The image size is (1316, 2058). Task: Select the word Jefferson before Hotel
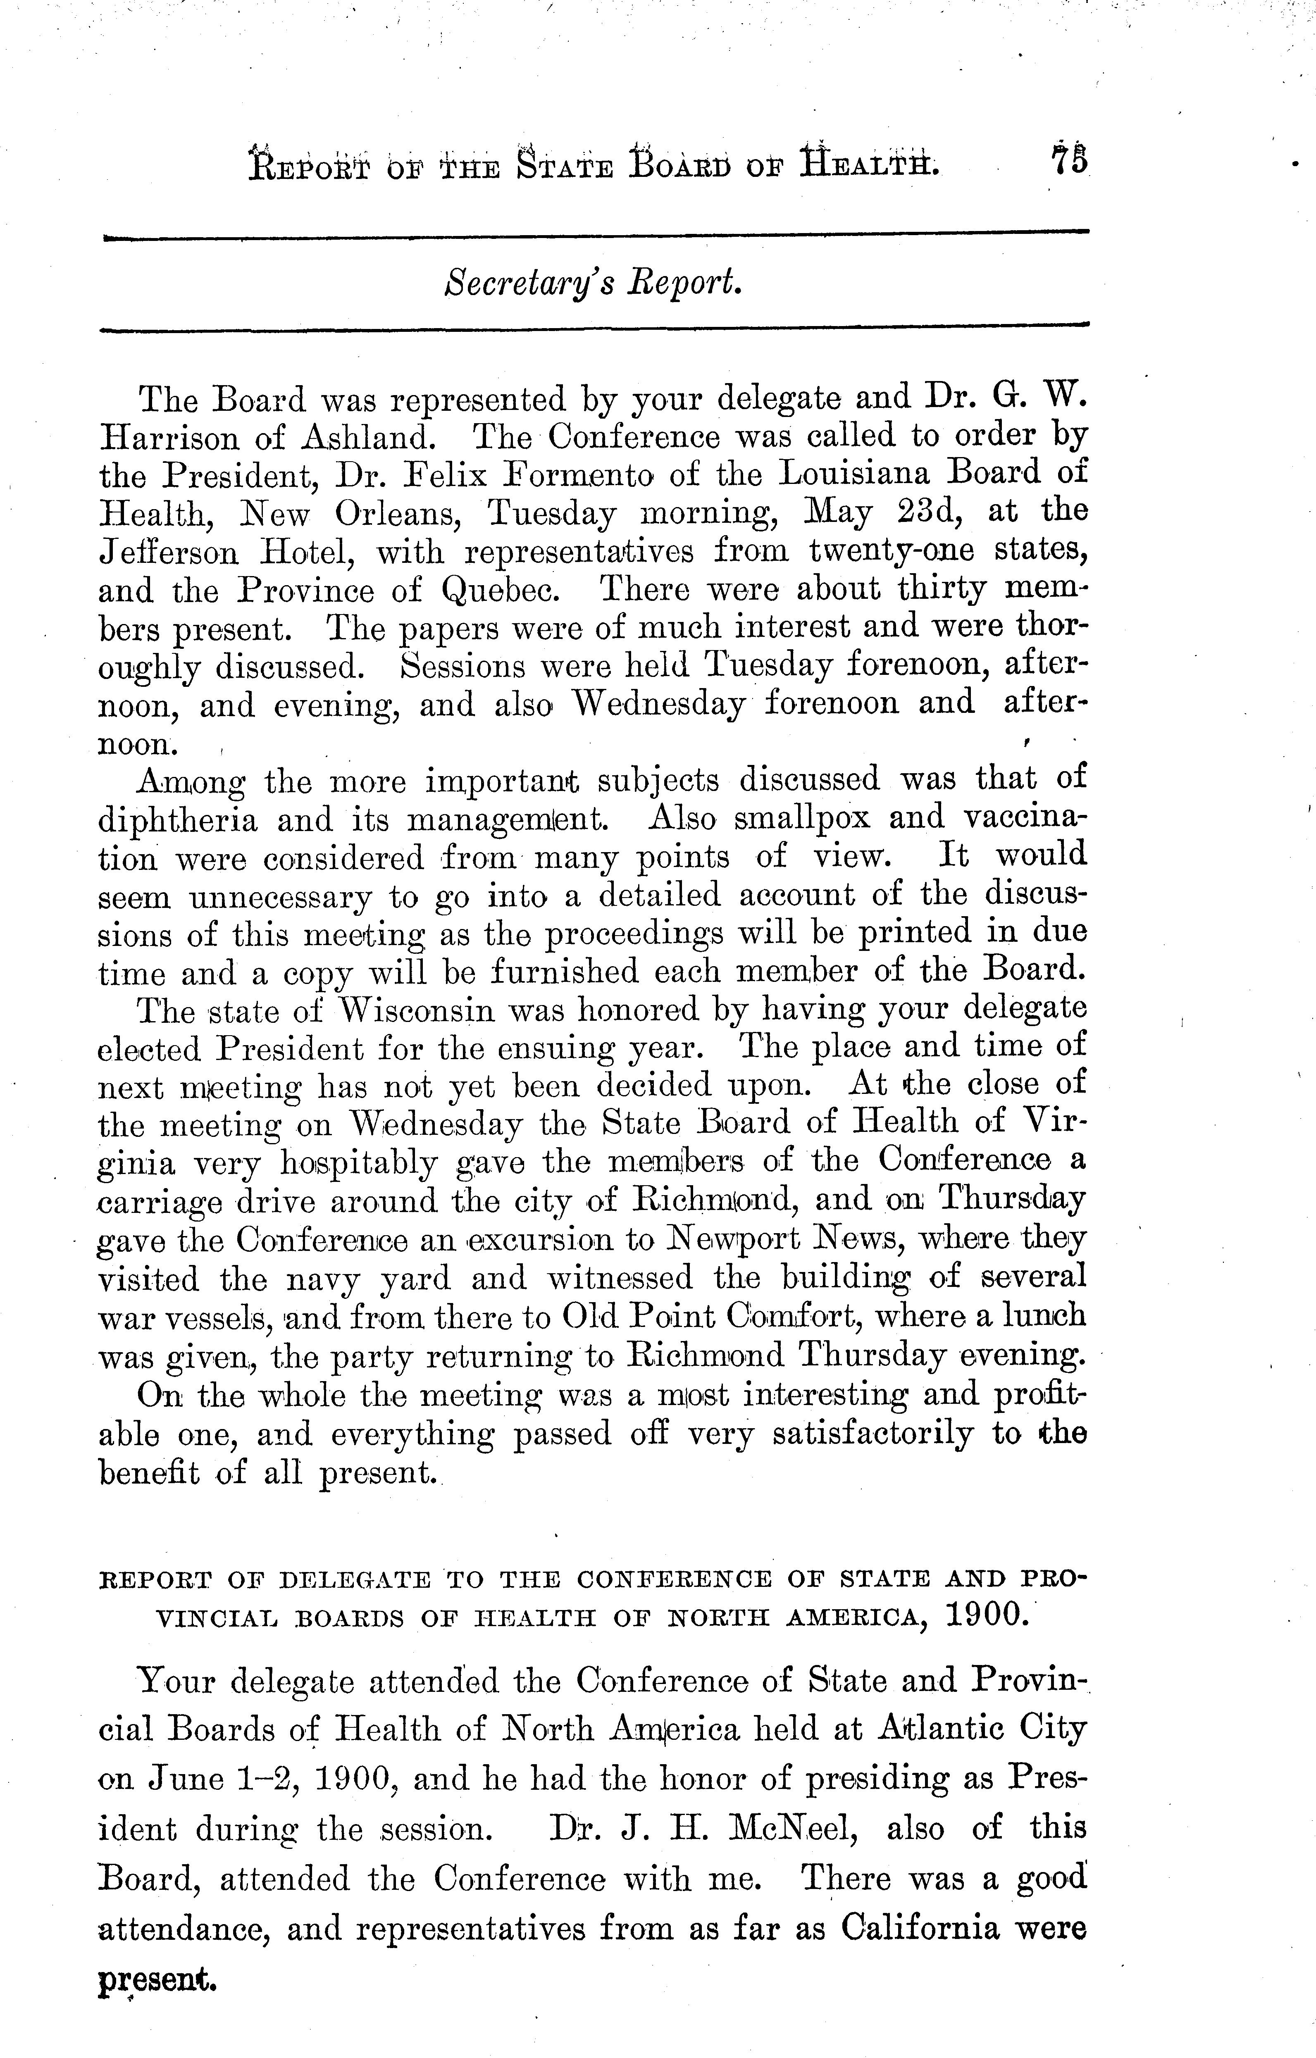point(169,551)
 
